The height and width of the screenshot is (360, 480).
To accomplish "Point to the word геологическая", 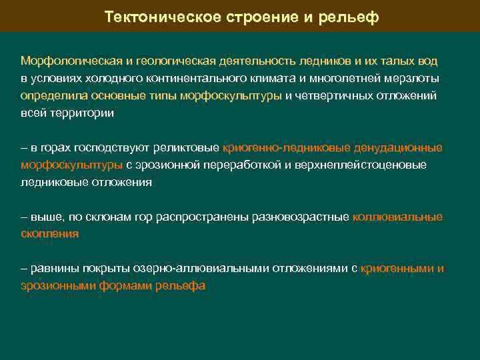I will coord(177,61).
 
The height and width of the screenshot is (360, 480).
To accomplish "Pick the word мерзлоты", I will coord(415,79).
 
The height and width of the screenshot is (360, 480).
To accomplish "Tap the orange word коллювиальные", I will coord(397,217).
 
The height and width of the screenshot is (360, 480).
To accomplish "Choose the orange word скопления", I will coord(49,235).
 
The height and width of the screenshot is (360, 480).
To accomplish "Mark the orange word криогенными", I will coord(397,269).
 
